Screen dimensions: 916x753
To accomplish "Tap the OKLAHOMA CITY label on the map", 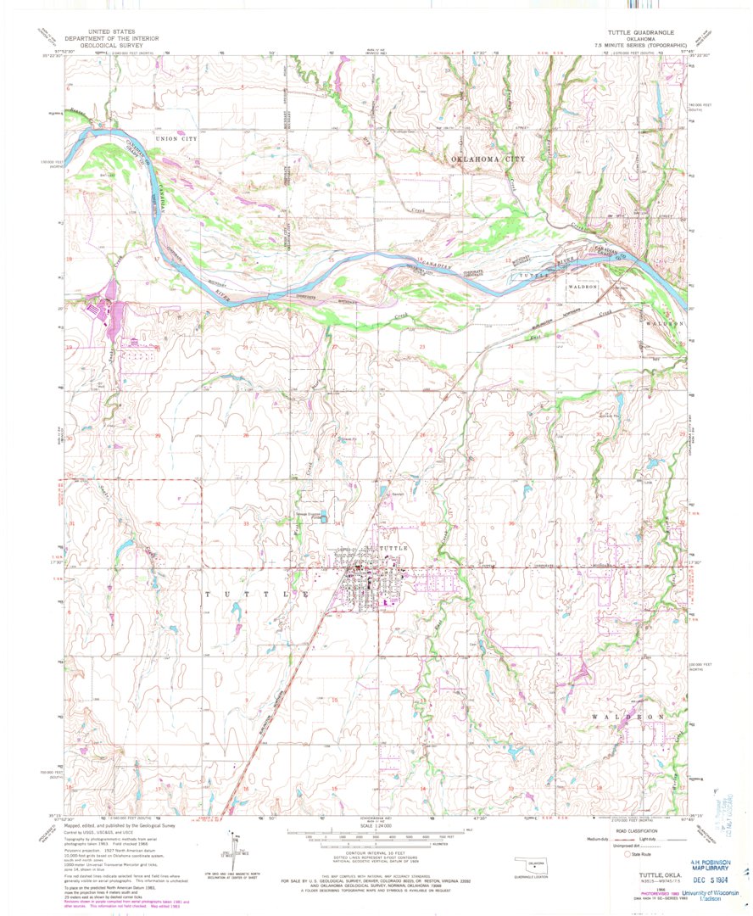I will click(x=488, y=159).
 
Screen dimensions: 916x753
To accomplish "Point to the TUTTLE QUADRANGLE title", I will click(x=632, y=31).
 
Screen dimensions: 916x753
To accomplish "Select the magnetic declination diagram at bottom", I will click(x=230, y=844).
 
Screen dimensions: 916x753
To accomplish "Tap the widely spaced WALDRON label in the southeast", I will click(x=627, y=718).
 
